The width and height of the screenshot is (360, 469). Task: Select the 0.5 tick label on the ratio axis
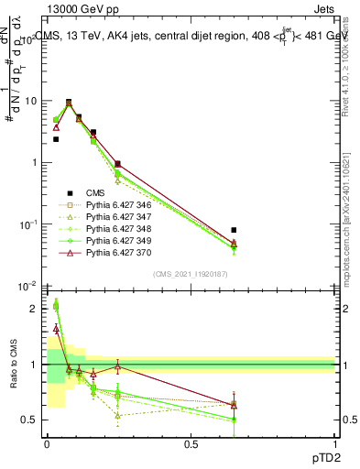point(28,420)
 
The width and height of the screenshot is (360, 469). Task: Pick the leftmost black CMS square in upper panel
point(56,139)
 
